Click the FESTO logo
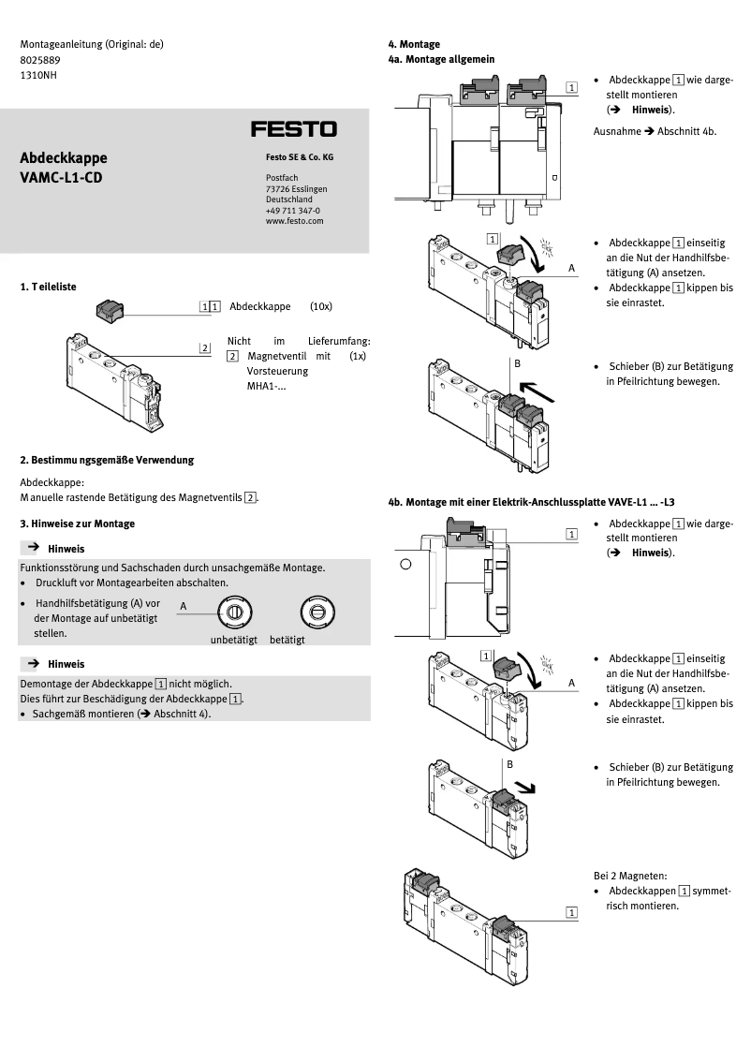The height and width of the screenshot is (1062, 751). [x=293, y=128]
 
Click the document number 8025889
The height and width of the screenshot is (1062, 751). [x=38, y=59]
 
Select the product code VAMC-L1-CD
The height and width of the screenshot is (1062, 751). [x=61, y=177]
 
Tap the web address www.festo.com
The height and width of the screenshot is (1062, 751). [x=294, y=221]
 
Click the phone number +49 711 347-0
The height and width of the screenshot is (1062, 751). [x=292, y=211]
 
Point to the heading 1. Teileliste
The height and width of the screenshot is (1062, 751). [x=49, y=288]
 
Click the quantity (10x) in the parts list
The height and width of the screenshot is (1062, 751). [x=321, y=306]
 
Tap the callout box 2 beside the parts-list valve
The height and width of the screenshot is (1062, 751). [x=205, y=348]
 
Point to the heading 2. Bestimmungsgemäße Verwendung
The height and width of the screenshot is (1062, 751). [x=107, y=460]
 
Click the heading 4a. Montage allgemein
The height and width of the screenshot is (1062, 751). [x=441, y=59]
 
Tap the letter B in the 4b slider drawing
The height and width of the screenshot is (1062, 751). [x=510, y=763]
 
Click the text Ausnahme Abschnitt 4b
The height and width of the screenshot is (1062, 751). [x=655, y=131]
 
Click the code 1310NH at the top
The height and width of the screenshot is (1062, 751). [x=38, y=74]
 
